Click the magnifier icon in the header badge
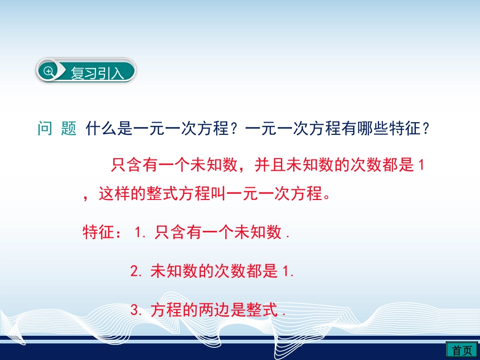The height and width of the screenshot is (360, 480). click(49, 72)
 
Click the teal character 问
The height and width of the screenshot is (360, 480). click(44, 129)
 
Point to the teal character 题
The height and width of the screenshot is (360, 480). click(68, 129)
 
